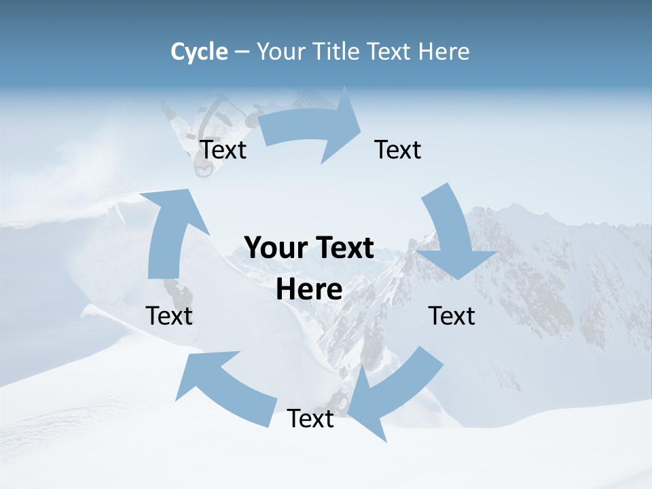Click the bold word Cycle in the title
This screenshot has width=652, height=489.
click(x=199, y=52)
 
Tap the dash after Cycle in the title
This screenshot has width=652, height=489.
click(x=242, y=52)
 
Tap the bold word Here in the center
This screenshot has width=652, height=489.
click(x=309, y=290)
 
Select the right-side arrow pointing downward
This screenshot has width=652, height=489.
click(x=452, y=234)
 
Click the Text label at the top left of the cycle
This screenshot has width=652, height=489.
click(x=223, y=149)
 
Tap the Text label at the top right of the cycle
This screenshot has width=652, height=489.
click(x=398, y=149)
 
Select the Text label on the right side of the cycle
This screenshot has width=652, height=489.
click(x=452, y=316)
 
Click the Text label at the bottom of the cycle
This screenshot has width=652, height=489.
click(x=310, y=419)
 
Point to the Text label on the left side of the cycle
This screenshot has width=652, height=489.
click(x=169, y=316)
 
